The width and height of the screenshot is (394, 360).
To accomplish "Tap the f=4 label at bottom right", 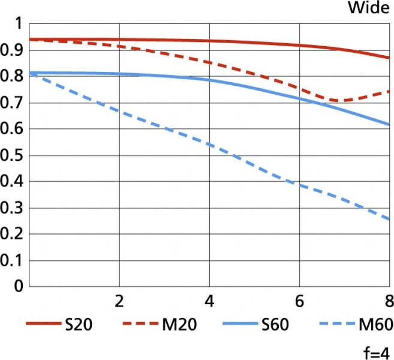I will (375, 351).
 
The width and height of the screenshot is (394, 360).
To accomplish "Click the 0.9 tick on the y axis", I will (12, 50).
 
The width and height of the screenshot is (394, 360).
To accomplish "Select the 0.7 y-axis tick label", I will (12, 103).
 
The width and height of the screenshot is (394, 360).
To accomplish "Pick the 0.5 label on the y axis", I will (12, 155).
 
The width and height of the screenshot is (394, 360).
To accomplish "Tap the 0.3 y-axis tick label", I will (12, 208).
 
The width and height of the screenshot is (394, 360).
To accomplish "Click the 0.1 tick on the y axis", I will (12, 260).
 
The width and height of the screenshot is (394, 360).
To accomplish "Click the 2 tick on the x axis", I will (119, 300).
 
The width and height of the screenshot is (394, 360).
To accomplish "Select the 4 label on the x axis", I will (209, 300).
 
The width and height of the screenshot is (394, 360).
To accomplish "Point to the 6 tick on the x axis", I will (300, 300).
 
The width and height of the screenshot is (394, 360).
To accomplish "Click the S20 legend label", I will (79, 325).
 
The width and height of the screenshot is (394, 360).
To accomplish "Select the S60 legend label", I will (275, 325).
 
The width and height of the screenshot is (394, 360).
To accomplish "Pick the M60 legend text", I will (375, 325).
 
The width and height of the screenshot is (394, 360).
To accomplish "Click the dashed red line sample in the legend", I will (140, 325).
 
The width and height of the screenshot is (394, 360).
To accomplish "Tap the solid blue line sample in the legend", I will (238, 325).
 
